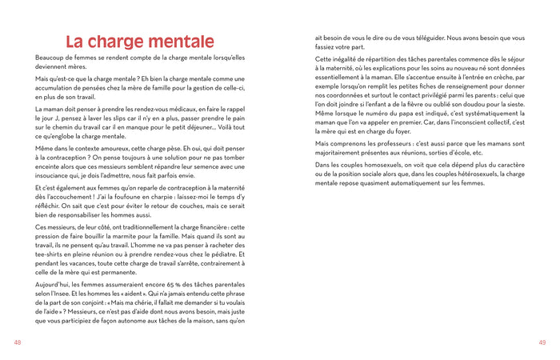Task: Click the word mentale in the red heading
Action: [175, 42]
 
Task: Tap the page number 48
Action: [18, 342]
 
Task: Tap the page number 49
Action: [542, 342]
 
